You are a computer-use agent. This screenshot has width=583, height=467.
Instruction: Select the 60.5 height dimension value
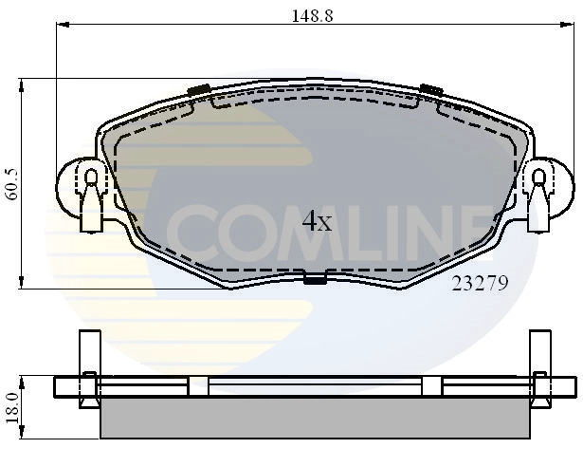tap(12, 183)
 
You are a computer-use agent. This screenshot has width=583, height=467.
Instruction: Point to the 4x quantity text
tap(317, 222)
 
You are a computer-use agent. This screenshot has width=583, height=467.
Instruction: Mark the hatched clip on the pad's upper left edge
tap(198, 90)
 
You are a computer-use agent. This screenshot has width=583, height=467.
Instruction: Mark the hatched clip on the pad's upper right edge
tap(431, 89)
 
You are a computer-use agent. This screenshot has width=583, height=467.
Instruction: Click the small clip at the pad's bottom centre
tap(314, 278)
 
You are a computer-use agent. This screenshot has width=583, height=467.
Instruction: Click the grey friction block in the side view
tap(314, 417)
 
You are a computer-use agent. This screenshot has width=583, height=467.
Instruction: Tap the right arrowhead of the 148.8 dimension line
tap(572, 28)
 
